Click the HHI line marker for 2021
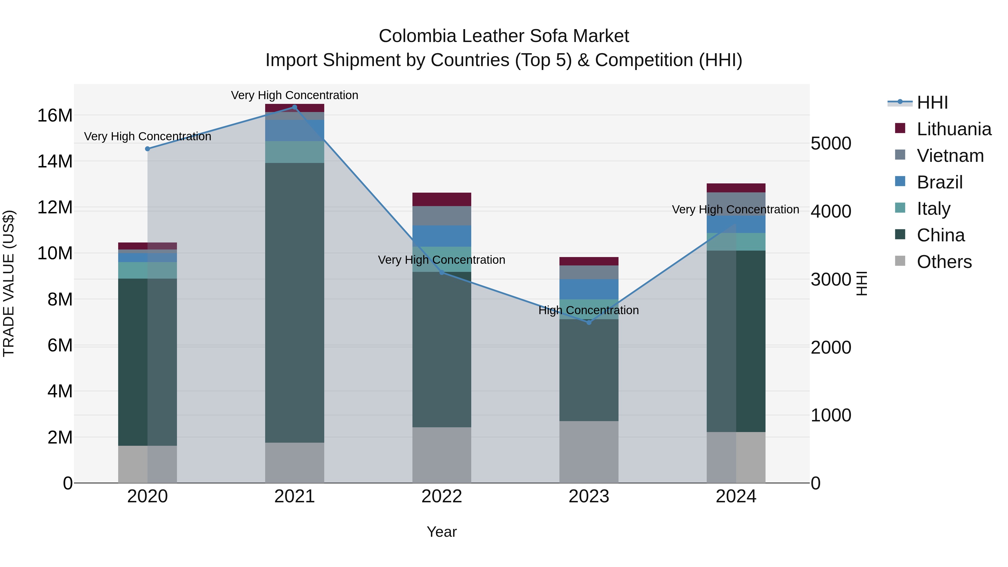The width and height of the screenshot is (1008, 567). [295, 107]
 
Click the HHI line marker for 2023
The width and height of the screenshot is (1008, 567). [589, 323]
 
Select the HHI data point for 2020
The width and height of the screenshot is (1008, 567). [148, 149]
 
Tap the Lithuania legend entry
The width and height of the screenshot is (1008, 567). [954, 129]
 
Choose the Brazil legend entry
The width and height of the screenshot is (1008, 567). [939, 182]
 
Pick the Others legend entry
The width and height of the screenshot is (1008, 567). [944, 262]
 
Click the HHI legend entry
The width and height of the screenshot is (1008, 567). [932, 102]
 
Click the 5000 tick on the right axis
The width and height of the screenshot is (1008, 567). [831, 144]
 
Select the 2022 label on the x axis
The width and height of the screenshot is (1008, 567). [442, 496]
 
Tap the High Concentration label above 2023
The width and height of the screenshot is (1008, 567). [589, 310]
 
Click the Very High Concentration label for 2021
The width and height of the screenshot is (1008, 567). [295, 95]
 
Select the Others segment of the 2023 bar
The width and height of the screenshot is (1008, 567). [589, 452]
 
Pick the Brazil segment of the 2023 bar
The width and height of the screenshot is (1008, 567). [589, 289]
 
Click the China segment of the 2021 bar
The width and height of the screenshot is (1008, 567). [295, 302]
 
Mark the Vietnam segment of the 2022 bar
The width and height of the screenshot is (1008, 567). [442, 216]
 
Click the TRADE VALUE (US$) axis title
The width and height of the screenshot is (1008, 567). [9, 283]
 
